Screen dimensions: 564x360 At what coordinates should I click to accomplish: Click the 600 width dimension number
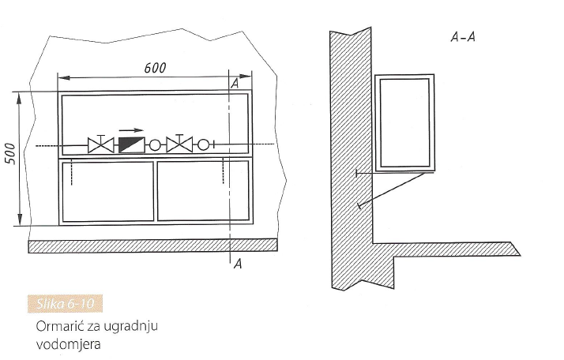tap(155, 68)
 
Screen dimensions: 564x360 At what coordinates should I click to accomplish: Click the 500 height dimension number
tap(11, 154)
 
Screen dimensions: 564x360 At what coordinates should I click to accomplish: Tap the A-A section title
tap(463, 37)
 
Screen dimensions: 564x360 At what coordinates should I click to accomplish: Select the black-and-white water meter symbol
tap(132, 145)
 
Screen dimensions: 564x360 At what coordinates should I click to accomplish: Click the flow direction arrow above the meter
tap(131, 130)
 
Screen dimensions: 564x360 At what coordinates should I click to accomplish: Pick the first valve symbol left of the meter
tap(101, 144)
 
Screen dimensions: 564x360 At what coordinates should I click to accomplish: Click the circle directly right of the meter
tap(155, 145)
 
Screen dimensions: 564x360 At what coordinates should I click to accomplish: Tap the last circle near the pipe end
tap(203, 144)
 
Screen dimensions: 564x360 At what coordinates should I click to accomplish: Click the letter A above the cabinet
tap(235, 84)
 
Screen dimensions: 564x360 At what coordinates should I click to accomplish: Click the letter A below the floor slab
tap(238, 264)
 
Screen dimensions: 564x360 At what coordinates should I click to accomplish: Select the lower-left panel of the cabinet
tap(108, 191)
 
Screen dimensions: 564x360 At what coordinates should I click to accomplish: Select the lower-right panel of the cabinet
tap(203, 190)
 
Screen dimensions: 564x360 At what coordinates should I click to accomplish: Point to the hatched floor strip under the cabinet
tap(152, 246)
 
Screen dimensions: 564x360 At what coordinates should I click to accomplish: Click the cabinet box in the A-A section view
tap(404, 122)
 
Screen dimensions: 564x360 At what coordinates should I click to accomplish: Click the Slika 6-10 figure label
tap(65, 304)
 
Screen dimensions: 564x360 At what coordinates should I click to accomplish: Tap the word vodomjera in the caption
tap(69, 344)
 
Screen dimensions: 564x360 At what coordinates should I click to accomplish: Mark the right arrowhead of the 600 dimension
tap(246, 77)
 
